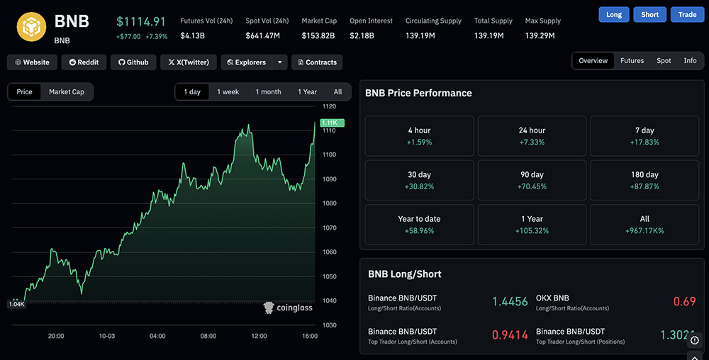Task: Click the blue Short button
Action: click(x=649, y=14)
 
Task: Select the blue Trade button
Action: click(x=687, y=14)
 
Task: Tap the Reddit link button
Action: click(x=84, y=62)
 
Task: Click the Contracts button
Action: click(x=316, y=62)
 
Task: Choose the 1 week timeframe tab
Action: click(x=228, y=92)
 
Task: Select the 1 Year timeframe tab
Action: click(x=307, y=92)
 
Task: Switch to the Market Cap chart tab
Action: click(x=67, y=92)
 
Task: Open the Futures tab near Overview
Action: click(x=632, y=61)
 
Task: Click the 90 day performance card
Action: click(x=532, y=180)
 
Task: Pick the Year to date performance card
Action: click(x=419, y=225)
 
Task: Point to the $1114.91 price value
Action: click(x=141, y=22)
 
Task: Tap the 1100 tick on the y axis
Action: click(x=329, y=154)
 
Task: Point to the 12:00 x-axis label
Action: click(x=259, y=336)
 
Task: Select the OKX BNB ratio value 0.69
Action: click(x=684, y=302)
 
